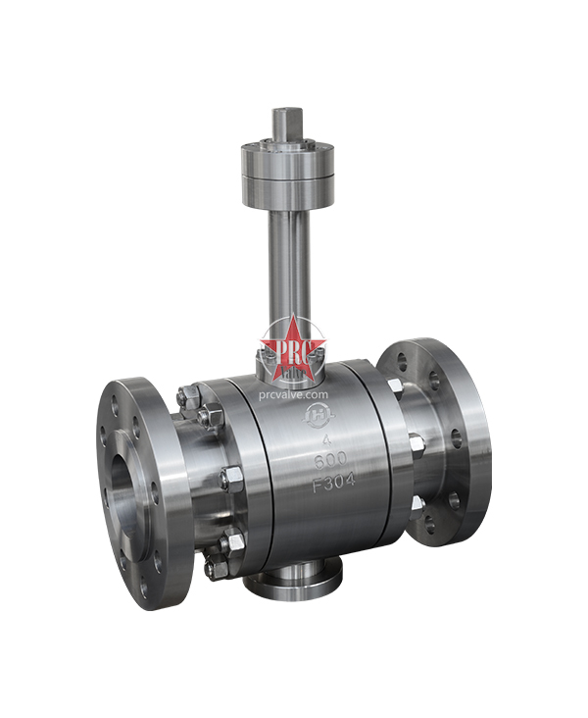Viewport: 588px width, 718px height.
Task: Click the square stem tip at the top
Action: tap(288, 122)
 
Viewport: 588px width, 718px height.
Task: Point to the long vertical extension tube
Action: tap(288, 265)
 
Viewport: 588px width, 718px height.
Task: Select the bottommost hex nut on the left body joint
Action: tap(213, 568)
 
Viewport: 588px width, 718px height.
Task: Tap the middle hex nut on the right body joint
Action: tap(416, 443)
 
